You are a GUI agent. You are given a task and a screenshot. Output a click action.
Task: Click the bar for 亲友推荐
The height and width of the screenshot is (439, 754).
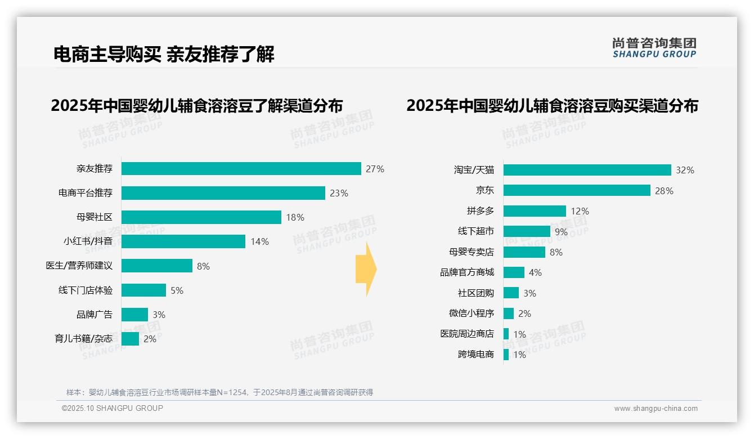(x=241, y=169)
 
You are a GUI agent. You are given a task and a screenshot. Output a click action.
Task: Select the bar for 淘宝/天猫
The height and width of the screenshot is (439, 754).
(x=587, y=170)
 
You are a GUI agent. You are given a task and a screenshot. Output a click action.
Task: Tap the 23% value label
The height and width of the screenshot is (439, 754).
(x=339, y=193)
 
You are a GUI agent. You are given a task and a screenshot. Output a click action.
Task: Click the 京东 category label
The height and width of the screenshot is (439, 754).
(x=484, y=190)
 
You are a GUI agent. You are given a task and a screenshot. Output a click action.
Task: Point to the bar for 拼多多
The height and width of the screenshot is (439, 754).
(x=535, y=211)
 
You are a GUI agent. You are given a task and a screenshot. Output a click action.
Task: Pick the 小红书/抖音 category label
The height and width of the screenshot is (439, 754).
(x=88, y=241)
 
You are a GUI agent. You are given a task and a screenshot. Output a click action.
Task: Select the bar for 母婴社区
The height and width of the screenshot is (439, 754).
(x=201, y=217)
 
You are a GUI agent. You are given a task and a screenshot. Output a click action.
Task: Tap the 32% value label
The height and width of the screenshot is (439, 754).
(x=685, y=170)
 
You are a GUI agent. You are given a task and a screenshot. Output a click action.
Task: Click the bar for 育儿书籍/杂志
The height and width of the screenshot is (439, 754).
(x=130, y=339)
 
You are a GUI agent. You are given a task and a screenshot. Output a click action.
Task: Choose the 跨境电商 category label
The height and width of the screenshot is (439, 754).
(x=475, y=355)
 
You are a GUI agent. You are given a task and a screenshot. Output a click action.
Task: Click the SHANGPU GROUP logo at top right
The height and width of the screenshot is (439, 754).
(x=654, y=48)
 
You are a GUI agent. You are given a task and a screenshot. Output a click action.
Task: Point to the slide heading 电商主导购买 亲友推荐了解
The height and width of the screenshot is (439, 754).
(x=164, y=55)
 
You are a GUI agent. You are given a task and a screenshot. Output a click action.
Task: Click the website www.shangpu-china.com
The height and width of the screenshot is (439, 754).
(x=656, y=409)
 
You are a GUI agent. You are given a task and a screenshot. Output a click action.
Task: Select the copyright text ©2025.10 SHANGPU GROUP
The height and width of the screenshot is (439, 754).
(x=113, y=408)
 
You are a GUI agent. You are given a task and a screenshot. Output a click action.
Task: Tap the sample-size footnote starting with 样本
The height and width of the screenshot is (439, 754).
(x=219, y=392)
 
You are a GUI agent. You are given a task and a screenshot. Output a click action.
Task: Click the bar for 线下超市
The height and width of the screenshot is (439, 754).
(x=527, y=231)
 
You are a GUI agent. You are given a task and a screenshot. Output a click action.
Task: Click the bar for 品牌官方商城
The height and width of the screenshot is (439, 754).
(x=514, y=272)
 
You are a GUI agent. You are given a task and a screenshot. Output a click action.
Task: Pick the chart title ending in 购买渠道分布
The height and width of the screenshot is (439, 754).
(x=552, y=106)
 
